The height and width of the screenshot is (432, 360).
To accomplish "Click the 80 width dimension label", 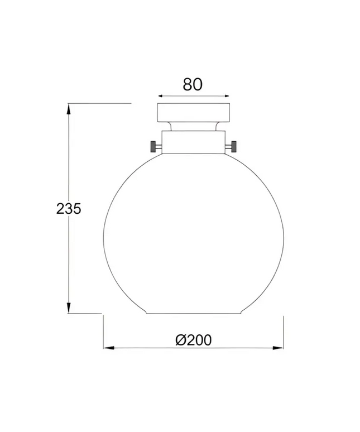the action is [193, 85].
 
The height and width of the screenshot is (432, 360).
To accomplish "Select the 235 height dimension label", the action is [69, 209].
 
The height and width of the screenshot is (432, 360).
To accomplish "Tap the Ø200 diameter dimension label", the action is [194, 340].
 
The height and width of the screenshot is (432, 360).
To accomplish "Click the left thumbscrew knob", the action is [153, 146].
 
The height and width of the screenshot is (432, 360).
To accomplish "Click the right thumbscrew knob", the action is [234, 146].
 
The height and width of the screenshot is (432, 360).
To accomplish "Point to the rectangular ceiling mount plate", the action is [193, 113].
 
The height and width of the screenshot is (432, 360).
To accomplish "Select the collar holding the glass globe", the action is [194, 142].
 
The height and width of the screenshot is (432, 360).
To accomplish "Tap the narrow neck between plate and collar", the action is [193, 127].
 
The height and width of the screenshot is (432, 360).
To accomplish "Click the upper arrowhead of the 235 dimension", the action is [69, 108].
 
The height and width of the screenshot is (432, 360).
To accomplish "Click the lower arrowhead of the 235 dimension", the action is [69, 308].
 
